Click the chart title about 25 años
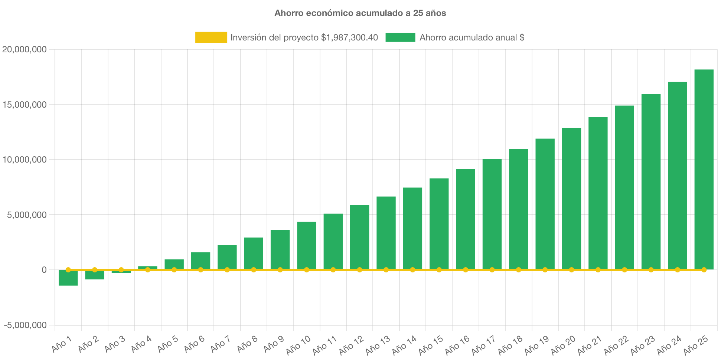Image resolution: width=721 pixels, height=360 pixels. coord(360,13)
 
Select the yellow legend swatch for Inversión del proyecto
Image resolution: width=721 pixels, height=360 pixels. coord(211,37)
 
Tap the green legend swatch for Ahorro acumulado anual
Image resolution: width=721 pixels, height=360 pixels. coord(400,37)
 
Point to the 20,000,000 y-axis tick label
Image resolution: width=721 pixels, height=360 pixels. coord(25,49)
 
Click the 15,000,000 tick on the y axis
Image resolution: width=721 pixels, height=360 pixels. coord(25,105)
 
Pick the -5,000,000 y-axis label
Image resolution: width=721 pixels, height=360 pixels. coord(25,325)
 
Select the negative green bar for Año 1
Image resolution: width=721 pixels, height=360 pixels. coord(68,278)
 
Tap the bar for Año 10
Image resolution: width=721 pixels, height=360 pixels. coord(307,245)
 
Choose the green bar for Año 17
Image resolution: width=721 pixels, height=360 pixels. coord(492,213)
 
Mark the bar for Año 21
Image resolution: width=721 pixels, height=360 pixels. coord(598,193)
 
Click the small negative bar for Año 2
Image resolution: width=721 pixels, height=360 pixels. coord(95,275)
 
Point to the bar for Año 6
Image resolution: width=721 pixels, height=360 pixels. coord(200,260)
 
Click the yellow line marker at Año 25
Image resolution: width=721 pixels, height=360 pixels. coord(704,270)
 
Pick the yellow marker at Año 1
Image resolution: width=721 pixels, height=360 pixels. coord(68,270)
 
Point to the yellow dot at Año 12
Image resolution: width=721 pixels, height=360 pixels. coord(359,270)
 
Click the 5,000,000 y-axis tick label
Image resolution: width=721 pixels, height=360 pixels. coord(27,215)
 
